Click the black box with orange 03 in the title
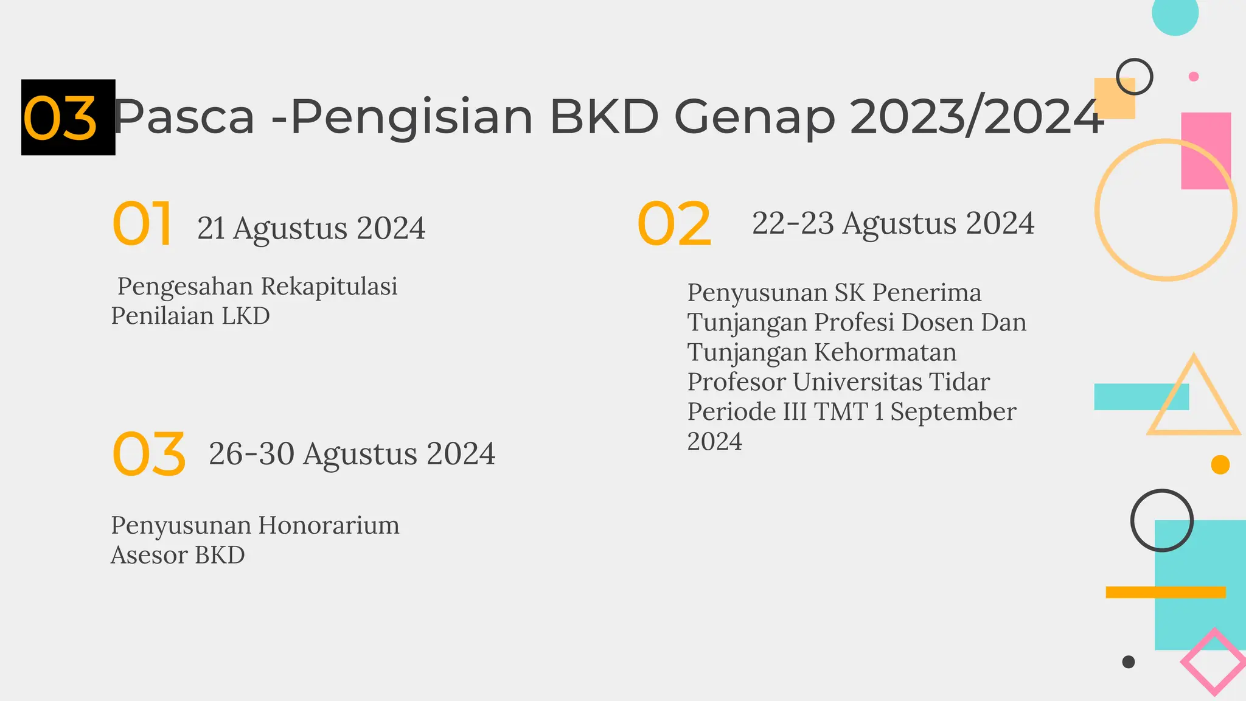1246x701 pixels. [68, 117]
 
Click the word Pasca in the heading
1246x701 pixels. [184, 117]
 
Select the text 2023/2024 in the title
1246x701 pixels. [976, 117]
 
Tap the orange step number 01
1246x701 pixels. [142, 224]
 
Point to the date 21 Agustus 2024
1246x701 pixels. [311, 229]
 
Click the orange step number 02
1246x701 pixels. [674, 224]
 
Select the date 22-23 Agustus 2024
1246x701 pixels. [893, 223]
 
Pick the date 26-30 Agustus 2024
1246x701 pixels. [352, 454]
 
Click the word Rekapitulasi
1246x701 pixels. [329, 287]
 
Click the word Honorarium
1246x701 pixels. [329, 526]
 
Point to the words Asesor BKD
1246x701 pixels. [178, 556]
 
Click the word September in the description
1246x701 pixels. [953, 412]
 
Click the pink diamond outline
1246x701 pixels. [1214, 661]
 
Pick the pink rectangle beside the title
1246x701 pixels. [1206, 150]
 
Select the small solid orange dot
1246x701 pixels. [1220, 465]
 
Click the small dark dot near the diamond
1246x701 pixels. [1128, 661]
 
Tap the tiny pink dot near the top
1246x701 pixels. [1193, 77]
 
